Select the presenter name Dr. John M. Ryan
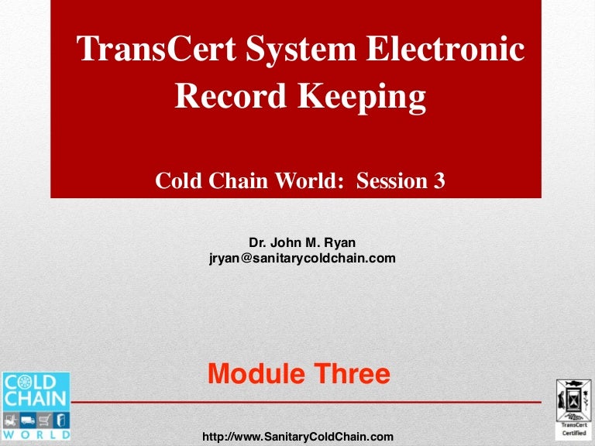pos(302,243)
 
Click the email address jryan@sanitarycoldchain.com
pos(302,259)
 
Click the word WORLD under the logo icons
pos(36,435)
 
